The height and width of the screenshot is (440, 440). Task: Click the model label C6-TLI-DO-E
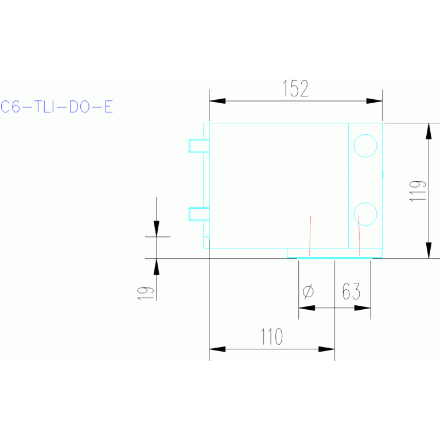(x=57, y=107)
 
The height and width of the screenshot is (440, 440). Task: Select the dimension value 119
(x=419, y=190)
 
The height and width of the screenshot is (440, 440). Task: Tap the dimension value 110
(x=271, y=337)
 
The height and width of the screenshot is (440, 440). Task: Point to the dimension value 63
(x=351, y=291)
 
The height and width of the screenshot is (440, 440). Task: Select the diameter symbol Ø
(x=307, y=291)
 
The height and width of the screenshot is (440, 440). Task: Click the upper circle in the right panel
(x=365, y=145)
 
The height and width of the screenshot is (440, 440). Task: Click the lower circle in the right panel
(x=365, y=214)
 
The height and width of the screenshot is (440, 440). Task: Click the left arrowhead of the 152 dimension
(x=217, y=101)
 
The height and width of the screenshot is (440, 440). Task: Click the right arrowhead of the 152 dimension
(x=375, y=101)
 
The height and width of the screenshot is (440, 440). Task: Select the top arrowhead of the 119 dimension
(x=429, y=131)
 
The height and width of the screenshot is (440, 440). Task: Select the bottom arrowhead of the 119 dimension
(x=429, y=251)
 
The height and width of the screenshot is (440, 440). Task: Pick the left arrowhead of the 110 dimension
(x=217, y=348)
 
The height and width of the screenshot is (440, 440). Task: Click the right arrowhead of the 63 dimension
(x=363, y=308)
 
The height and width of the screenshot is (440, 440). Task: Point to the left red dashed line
(x=310, y=236)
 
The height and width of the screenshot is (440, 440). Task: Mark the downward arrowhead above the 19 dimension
(x=157, y=228)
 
